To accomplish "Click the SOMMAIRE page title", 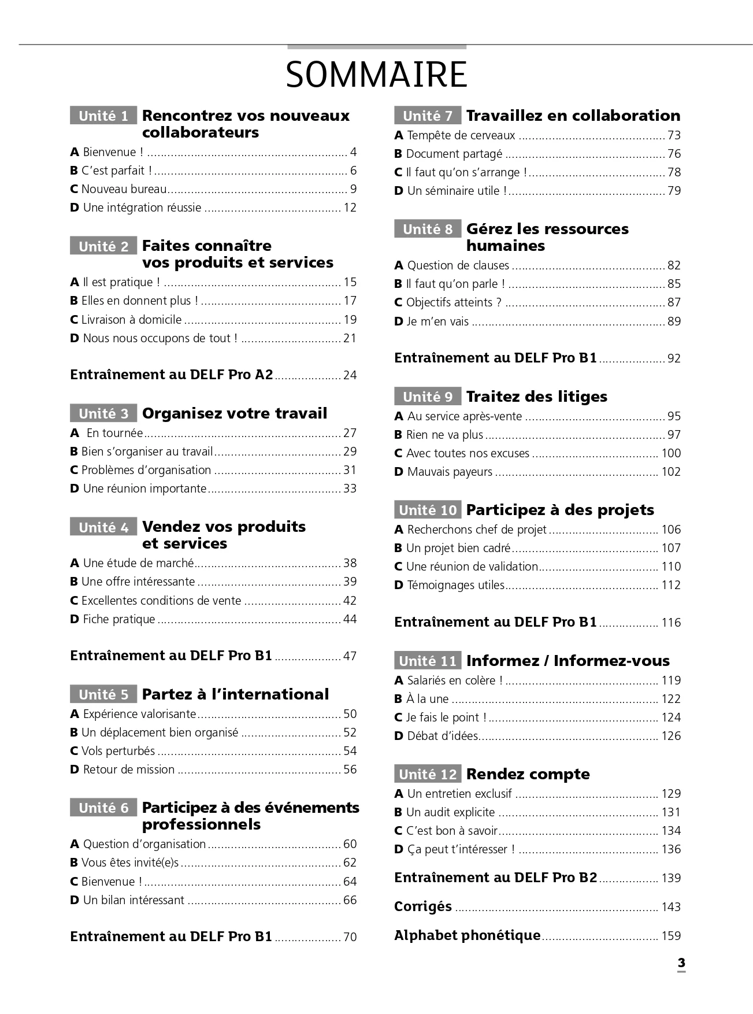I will tap(376, 75).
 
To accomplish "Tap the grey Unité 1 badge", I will tap(103, 116).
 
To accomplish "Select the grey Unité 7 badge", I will tap(428, 116).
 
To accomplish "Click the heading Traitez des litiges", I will tap(536, 397).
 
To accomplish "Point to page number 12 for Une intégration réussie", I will tap(350, 208).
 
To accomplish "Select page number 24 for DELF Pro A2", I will tap(350, 375).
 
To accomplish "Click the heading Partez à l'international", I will tap(235, 694).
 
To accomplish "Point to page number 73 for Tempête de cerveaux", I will tap(674, 135).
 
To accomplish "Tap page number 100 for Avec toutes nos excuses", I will tap(671, 453).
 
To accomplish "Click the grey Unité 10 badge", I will tap(428, 510).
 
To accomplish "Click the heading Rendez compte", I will tap(528, 774).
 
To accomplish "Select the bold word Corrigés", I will tap(422, 906).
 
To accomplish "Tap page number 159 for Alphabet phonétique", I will tap(671, 935).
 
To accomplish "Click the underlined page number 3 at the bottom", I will tap(681, 963).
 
